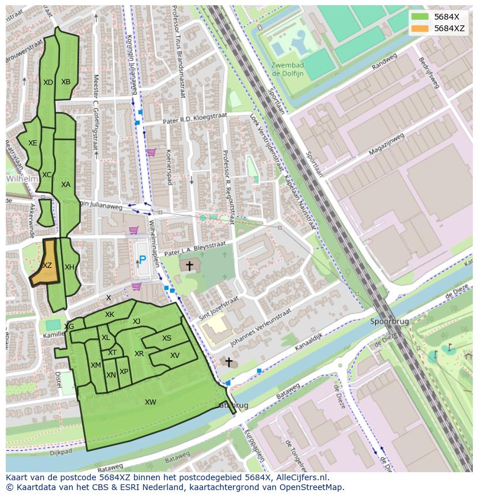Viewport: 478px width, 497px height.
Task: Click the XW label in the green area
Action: tap(151, 402)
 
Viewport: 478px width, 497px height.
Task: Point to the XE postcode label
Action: tap(33, 143)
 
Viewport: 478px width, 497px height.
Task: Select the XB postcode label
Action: tap(66, 82)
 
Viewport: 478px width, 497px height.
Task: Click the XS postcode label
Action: tap(167, 339)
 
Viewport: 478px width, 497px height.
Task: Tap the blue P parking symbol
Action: tap(142, 260)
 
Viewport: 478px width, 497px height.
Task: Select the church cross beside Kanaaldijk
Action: tap(229, 363)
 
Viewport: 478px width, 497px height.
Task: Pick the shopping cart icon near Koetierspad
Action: tap(151, 152)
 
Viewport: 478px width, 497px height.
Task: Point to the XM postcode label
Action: tap(96, 365)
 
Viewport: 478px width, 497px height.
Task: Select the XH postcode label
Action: tap(69, 267)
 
